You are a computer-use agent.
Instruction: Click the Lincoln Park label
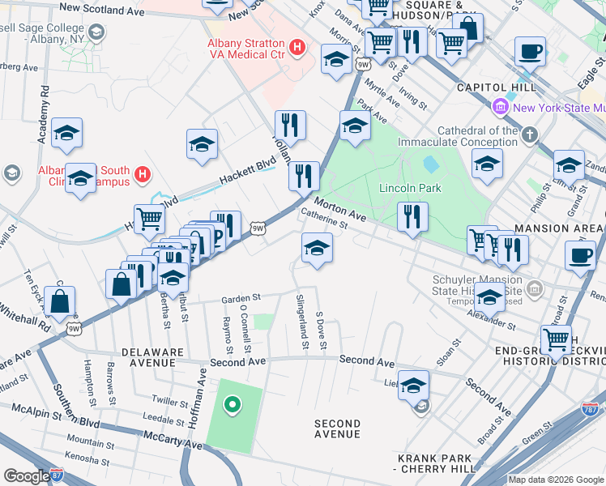(410, 189)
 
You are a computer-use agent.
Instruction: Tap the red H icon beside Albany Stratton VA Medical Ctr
(297, 49)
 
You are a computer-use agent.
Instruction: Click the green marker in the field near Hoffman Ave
(233, 404)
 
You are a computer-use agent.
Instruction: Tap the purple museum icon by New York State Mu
(500, 107)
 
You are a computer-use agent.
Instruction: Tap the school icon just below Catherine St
(317, 249)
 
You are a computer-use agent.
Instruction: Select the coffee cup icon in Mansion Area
(579, 257)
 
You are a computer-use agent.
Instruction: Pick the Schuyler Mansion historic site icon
(534, 288)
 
